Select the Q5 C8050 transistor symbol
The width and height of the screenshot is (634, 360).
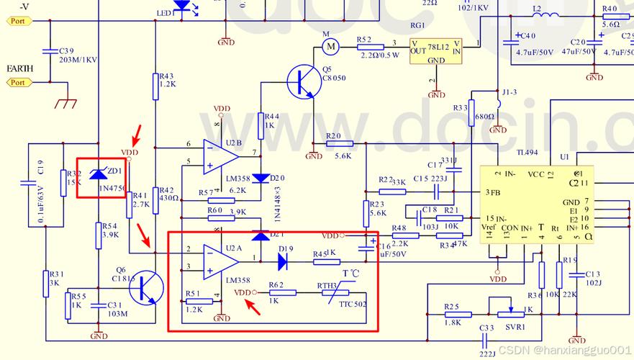click(302, 81)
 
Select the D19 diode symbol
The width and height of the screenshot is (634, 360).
click(282, 262)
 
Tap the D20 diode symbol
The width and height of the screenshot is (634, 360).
click(261, 178)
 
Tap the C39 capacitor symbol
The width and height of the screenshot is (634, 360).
click(50, 51)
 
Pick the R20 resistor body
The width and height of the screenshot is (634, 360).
click(339, 144)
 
